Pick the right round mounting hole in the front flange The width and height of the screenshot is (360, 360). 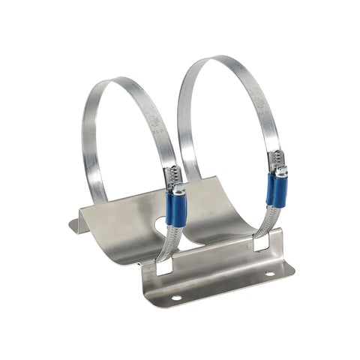tap(270, 274)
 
